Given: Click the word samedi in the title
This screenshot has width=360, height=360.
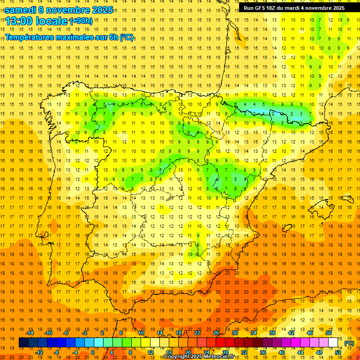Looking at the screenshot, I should tap(21, 10).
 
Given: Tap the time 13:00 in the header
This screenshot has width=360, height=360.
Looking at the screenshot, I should tap(20, 21).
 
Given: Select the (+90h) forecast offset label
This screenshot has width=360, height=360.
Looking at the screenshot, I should tap(81, 21).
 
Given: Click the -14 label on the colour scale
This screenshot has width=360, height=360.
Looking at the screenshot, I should tap(30, 333).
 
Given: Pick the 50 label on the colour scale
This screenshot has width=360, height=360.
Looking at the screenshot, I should tap(329, 333).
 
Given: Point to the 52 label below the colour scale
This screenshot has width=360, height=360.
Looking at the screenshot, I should tap(338, 352).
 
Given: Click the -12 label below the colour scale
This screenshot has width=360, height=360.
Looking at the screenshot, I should tap(39, 352).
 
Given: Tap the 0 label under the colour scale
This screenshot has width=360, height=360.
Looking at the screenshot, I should tap(93, 352).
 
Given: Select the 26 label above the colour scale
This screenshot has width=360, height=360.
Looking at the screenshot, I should tap(216, 333).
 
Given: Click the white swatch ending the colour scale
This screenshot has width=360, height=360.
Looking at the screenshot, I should tap(333, 343).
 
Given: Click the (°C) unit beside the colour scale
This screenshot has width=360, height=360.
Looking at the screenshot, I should tap(349, 343).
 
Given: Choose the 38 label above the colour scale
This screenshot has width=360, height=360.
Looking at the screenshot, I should tap(272, 333).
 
